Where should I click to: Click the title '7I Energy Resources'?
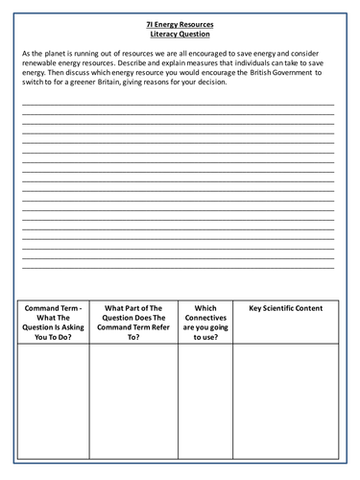pyautogui.click(x=179, y=24)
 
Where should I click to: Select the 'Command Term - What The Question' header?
pyautogui.click(x=53, y=322)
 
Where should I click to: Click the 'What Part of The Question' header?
pyautogui.click(x=133, y=322)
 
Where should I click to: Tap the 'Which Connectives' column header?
pyautogui.click(x=204, y=322)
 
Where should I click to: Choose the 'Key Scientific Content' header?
pyautogui.click(x=285, y=308)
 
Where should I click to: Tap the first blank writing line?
pyautogui.click(x=179, y=102)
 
